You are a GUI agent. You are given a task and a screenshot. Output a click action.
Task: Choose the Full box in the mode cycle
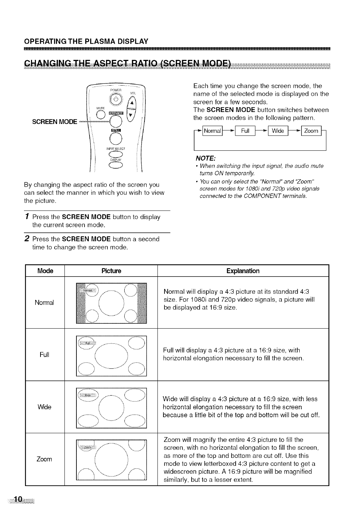coord(245,131)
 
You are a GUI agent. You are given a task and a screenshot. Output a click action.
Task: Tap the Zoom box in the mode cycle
coord(311,131)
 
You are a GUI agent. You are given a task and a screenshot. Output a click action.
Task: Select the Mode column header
coord(45,271)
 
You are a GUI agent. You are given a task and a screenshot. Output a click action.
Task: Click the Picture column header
coord(111,271)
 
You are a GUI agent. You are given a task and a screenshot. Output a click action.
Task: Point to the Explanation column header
coord(243,271)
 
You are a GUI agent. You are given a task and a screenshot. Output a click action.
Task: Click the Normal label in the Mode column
coord(44,303)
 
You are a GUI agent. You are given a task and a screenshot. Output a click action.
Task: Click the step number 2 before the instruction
coord(27,238)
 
